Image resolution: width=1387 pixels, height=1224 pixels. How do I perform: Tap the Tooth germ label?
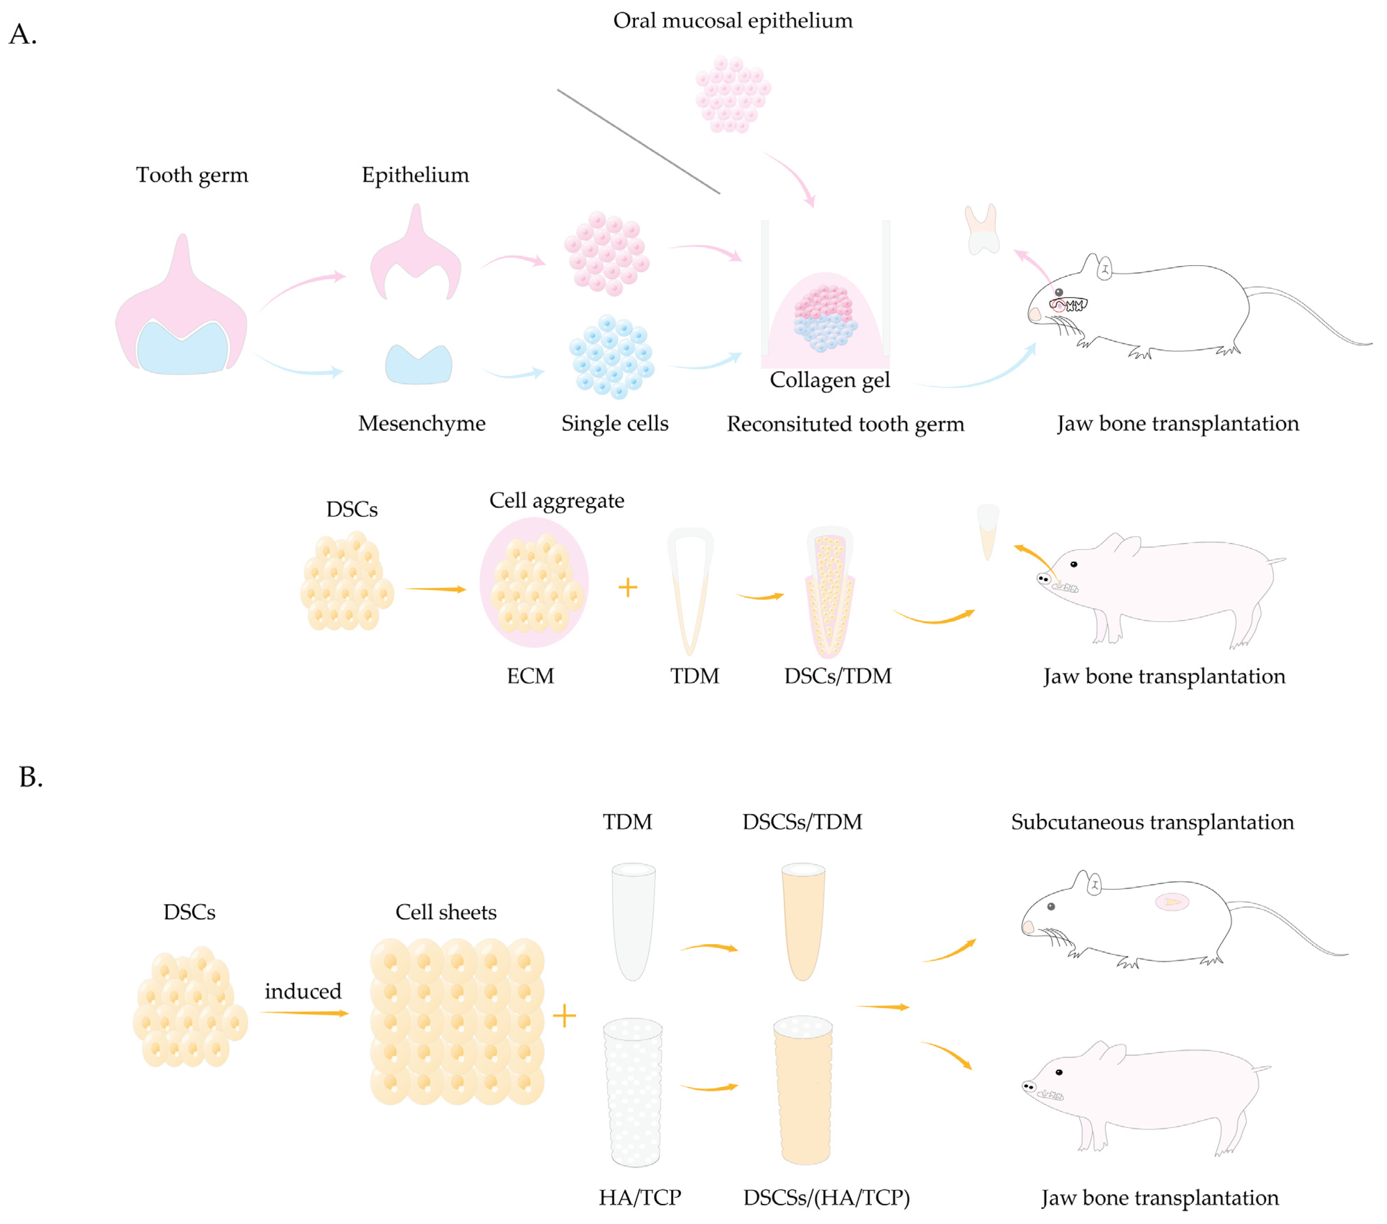(x=192, y=175)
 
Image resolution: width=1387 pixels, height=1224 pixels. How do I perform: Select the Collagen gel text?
(x=829, y=380)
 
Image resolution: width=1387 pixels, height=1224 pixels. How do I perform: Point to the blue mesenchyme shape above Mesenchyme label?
(x=419, y=365)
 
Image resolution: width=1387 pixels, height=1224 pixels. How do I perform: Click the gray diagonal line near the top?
(x=638, y=141)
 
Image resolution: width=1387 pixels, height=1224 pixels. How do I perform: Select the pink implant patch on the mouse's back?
(x=1172, y=902)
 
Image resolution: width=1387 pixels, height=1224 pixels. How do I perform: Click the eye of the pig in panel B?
(x=1059, y=1072)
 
